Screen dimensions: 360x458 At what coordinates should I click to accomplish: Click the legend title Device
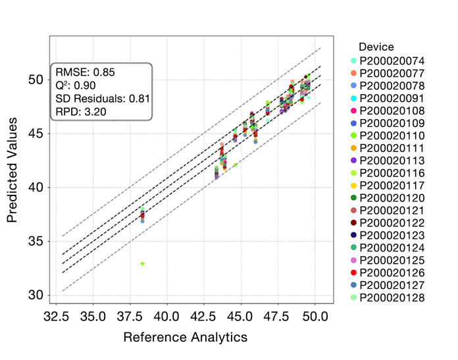[x=376, y=47]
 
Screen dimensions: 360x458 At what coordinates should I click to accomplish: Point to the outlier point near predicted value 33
[x=142, y=263]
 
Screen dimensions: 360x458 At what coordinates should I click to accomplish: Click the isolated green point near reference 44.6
[x=235, y=165]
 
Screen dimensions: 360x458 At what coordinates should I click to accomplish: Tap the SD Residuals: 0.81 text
[x=103, y=98]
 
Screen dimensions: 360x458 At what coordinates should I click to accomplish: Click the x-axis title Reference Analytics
[x=186, y=337]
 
